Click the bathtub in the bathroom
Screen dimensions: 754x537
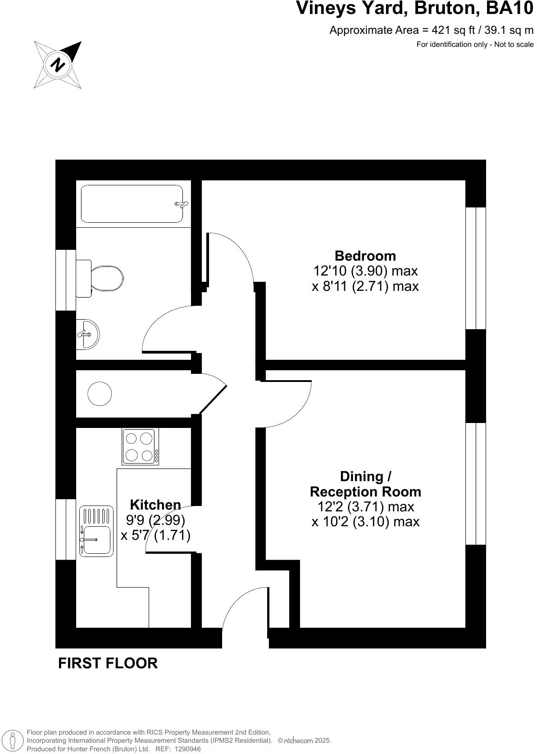pos(132,204)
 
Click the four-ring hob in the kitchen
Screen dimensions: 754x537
pos(140,446)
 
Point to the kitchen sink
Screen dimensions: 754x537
pos(96,531)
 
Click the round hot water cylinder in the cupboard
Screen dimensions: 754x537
pos(99,394)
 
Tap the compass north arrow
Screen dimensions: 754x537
pos(58,64)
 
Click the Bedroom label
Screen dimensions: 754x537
pos(365,256)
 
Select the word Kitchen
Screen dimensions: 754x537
pos(155,505)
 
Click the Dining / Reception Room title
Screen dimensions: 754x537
pos(365,484)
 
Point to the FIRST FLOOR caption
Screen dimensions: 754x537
pos(108,663)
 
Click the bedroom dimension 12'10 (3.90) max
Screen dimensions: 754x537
pos(365,271)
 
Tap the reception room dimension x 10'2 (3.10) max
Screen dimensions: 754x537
pos(365,522)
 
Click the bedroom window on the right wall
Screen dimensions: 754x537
pos(476,268)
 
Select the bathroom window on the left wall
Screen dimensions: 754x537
pos(65,280)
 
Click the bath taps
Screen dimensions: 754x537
pos(181,204)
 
